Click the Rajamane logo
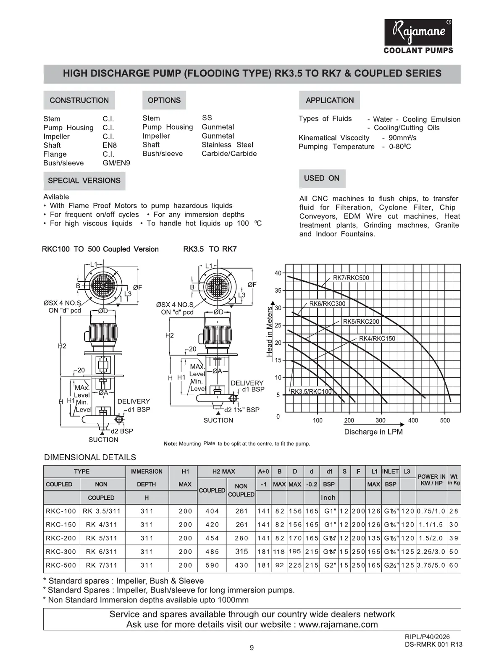pyautogui.click(x=418, y=33)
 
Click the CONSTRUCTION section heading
pyautogui.click(x=79, y=100)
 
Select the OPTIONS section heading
pyautogui.click(x=164, y=100)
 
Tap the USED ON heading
pyautogui.click(x=322, y=178)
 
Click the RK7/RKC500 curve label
pyautogui.click(x=351, y=278)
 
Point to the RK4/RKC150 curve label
pyautogui.click(x=377, y=338)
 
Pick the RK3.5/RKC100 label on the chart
pyautogui.click(x=311, y=391)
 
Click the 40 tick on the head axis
pyautogui.click(x=278, y=273)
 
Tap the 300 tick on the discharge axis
pyautogui.click(x=381, y=420)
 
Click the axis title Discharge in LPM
pyautogui.click(x=373, y=432)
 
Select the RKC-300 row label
pyautogui.click(x=61, y=552)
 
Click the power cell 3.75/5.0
pyautogui.click(x=431, y=565)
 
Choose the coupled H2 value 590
pyautogui.click(x=212, y=565)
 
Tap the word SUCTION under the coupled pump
pyautogui.click(x=103, y=440)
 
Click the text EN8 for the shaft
pyautogui.click(x=110, y=145)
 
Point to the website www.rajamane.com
pyautogui.click(x=338, y=624)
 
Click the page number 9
pyautogui.click(x=252, y=647)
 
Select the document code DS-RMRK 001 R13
pyautogui.click(x=434, y=644)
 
